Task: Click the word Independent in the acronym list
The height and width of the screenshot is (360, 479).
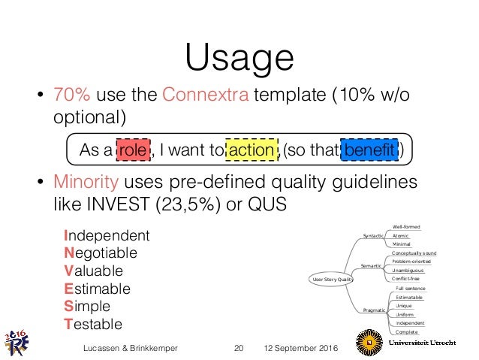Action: click(107, 235)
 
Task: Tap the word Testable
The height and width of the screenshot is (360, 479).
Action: click(93, 325)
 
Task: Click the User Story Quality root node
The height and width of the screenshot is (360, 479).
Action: click(330, 280)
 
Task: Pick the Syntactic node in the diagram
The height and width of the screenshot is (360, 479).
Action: click(373, 236)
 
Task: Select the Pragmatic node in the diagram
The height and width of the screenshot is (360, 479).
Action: click(373, 310)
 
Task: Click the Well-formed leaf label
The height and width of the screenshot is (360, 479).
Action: click(406, 227)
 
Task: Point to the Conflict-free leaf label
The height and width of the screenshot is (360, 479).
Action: click(408, 279)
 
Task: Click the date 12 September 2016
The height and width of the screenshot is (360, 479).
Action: click(301, 349)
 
